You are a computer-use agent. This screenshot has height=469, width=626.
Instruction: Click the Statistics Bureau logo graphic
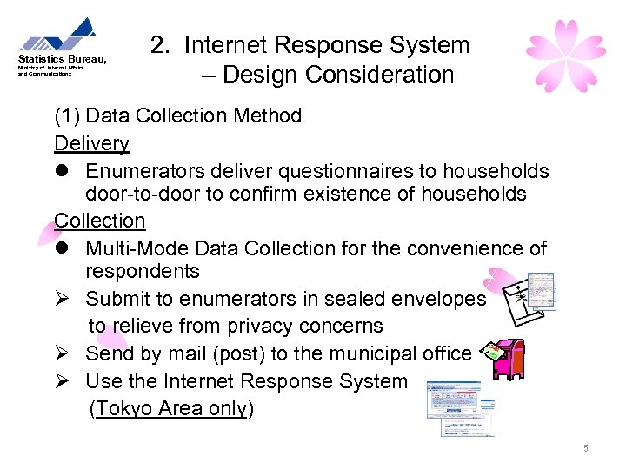click(59, 36)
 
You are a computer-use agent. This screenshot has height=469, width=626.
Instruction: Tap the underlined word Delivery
click(91, 143)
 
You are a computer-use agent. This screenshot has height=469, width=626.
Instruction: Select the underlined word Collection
click(99, 221)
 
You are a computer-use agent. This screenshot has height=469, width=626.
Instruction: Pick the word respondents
click(142, 272)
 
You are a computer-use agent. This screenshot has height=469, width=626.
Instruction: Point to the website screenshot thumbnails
click(459, 406)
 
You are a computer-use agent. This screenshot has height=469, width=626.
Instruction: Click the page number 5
click(586, 448)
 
